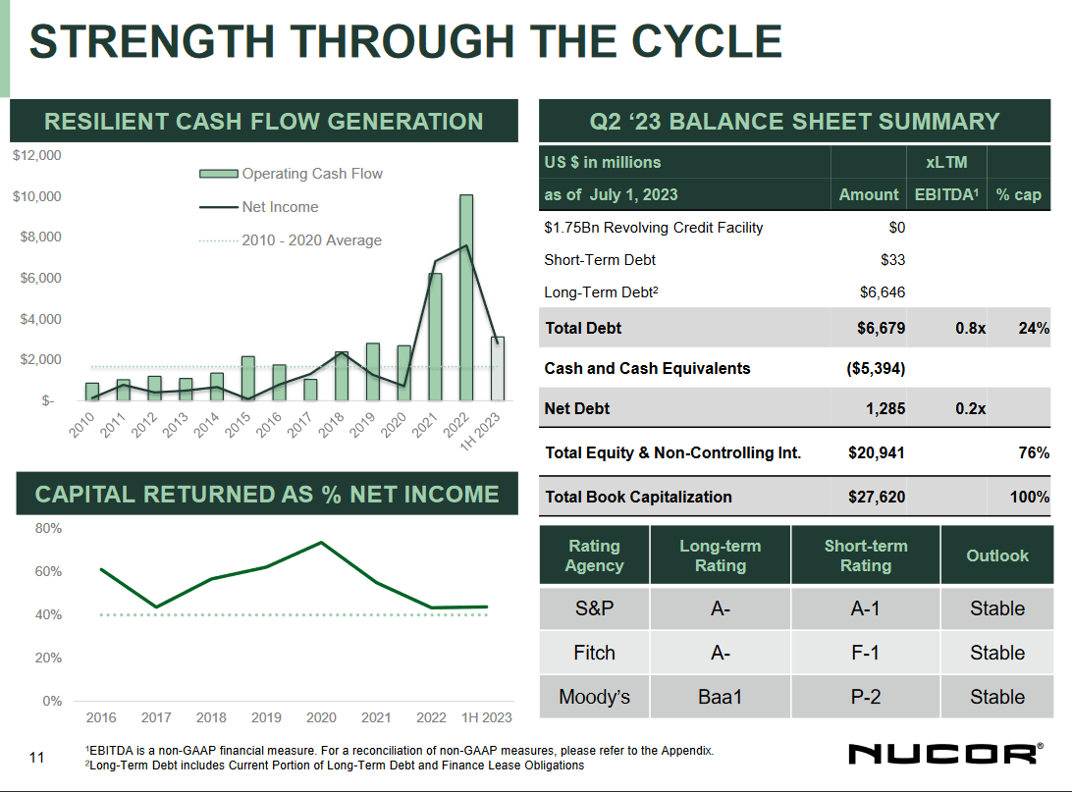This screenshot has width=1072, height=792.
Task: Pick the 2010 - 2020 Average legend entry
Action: tap(311, 240)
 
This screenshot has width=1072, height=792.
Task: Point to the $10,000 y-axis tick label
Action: tap(36, 196)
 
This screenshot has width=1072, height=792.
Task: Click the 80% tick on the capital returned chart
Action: tap(49, 528)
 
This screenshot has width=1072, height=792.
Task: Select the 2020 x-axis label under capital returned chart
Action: tap(321, 717)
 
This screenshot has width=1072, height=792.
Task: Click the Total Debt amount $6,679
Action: tap(881, 328)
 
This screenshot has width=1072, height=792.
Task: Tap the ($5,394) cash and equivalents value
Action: tap(875, 368)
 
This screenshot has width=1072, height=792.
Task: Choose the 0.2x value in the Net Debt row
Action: tap(970, 408)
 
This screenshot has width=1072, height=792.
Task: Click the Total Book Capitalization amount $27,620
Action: tap(877, 497)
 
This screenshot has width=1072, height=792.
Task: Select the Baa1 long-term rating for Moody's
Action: tap(720, 697)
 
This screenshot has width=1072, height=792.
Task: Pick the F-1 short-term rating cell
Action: tap(865, 653)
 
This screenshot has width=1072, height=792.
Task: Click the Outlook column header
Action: tap(996, 555)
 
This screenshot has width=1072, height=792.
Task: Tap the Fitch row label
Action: tap(594, 653)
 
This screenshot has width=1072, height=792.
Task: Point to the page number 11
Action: tap(37, 757)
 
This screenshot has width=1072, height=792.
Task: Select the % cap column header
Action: tap(1018, 194)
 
